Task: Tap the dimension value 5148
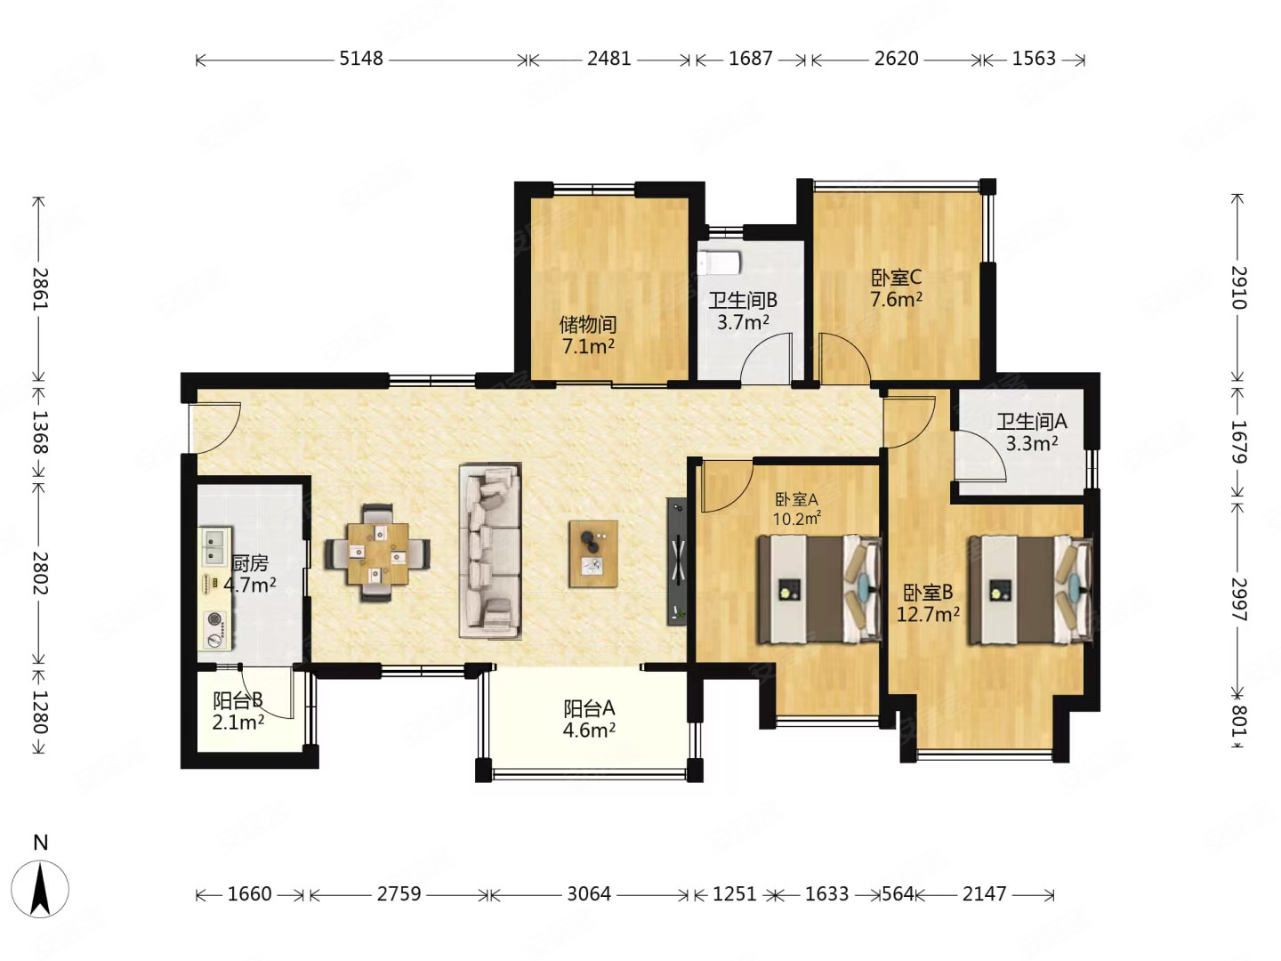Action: click(361, 59)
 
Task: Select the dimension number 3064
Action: click(589, 893)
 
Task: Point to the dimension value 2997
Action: click(1237, 599)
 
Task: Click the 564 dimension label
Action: click(898, 893)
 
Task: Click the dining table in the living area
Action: click(377, 553)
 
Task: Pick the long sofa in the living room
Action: click(490, 551)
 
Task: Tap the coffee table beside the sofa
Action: click(593, 553)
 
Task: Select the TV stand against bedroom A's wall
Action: click(677, 561)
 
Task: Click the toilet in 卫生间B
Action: click(719, 263)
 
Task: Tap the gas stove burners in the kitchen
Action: click(214, 629)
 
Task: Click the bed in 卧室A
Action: click(818, 589)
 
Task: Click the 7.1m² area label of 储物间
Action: click(588, 347)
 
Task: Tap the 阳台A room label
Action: click(589, 708)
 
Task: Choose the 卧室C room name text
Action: click(896, 277)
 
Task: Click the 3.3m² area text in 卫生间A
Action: click(1031, 443)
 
